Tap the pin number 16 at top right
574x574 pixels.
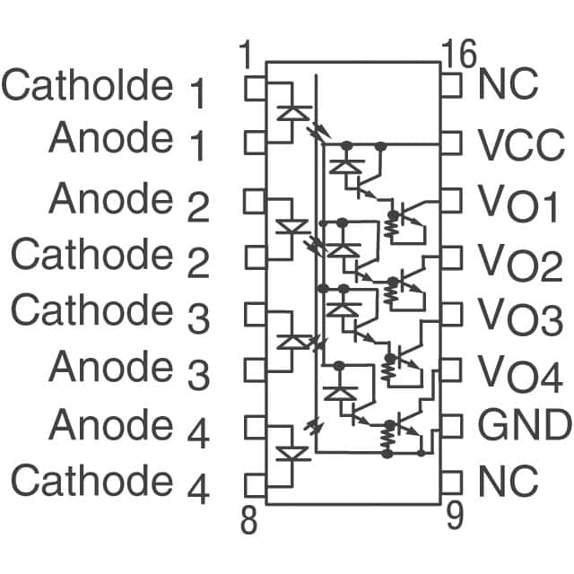459,56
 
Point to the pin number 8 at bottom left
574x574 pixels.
249,520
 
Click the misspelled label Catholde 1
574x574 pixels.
105,87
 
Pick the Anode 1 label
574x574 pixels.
128,141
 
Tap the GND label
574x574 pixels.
524,424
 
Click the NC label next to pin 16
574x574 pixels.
509,85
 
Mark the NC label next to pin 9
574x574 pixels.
509,482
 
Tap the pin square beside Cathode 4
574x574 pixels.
256,484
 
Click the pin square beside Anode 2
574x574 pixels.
256,199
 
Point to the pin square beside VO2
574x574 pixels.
451,257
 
